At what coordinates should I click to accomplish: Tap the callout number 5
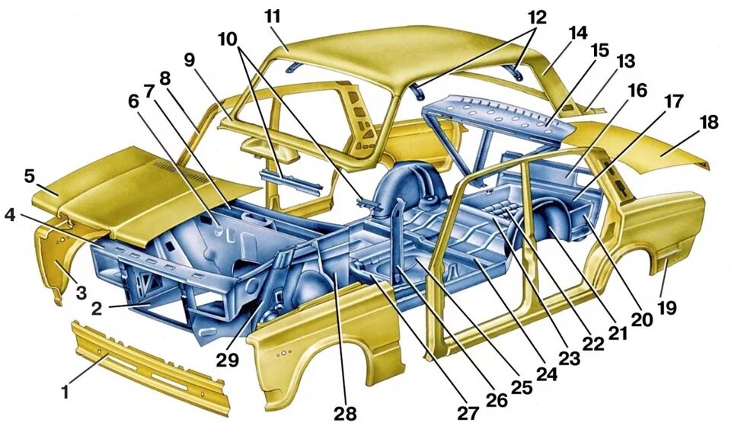point(30,177)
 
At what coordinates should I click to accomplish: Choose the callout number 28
point(344,412)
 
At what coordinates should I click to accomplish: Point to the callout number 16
point(637,91)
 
